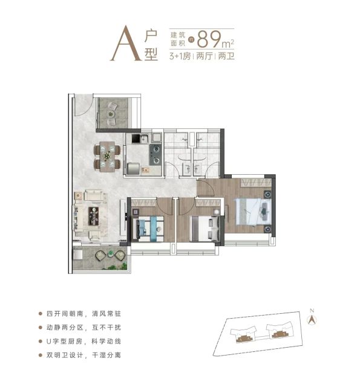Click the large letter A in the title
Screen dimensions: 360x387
click(x=126, y=43)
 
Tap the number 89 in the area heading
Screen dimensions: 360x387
click(x=209, y=39)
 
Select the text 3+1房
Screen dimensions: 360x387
click(x=180, y=56)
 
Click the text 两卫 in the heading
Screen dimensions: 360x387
click(x=226, y=56)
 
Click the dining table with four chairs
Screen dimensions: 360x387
click(x=107, y=157)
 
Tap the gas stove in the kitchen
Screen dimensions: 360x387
click(x=155, y=155)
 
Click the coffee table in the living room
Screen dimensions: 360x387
click(x=94, y=216)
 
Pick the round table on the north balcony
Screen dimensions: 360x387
click(x=111, y=114)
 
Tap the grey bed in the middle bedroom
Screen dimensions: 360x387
click(x=205, y=229)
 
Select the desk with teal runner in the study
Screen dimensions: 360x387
click(x=148, y=229)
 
